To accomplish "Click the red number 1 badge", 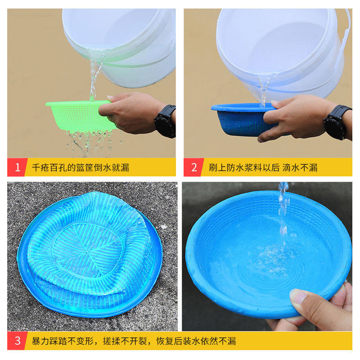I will [x=17, y=167].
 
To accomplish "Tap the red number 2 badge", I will [x=193, y=167].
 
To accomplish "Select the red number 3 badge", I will [x=17, y=341].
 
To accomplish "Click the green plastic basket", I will [x=74, y=114].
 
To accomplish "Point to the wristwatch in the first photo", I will [x=165, y=121].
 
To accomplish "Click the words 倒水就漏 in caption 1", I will [x=111, y=168].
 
